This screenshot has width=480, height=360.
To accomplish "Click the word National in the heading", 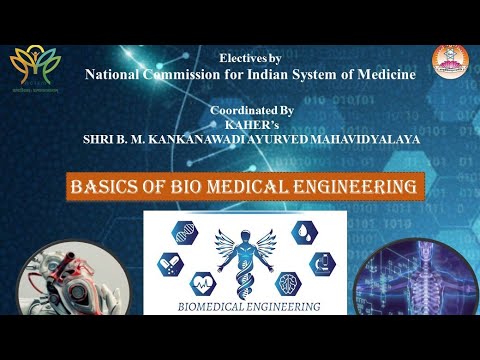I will [117, 75].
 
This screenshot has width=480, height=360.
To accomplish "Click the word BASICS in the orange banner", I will [128, 187].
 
